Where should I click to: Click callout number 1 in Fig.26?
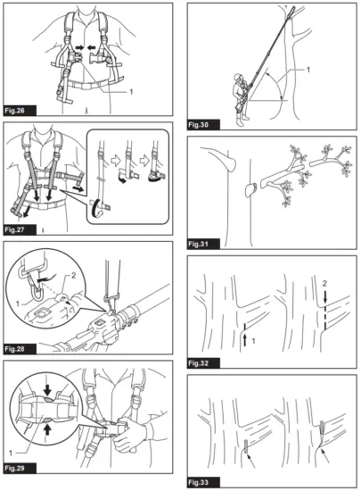131,92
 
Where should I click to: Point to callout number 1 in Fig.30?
308,70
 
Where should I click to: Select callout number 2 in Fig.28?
74,276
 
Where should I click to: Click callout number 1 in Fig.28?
18,304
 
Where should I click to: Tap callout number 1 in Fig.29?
11,453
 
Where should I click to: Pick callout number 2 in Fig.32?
324,284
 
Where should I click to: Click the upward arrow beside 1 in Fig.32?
245,340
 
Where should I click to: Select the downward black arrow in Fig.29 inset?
47,390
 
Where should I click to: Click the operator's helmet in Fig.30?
239,77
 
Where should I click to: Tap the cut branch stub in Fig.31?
251,190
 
